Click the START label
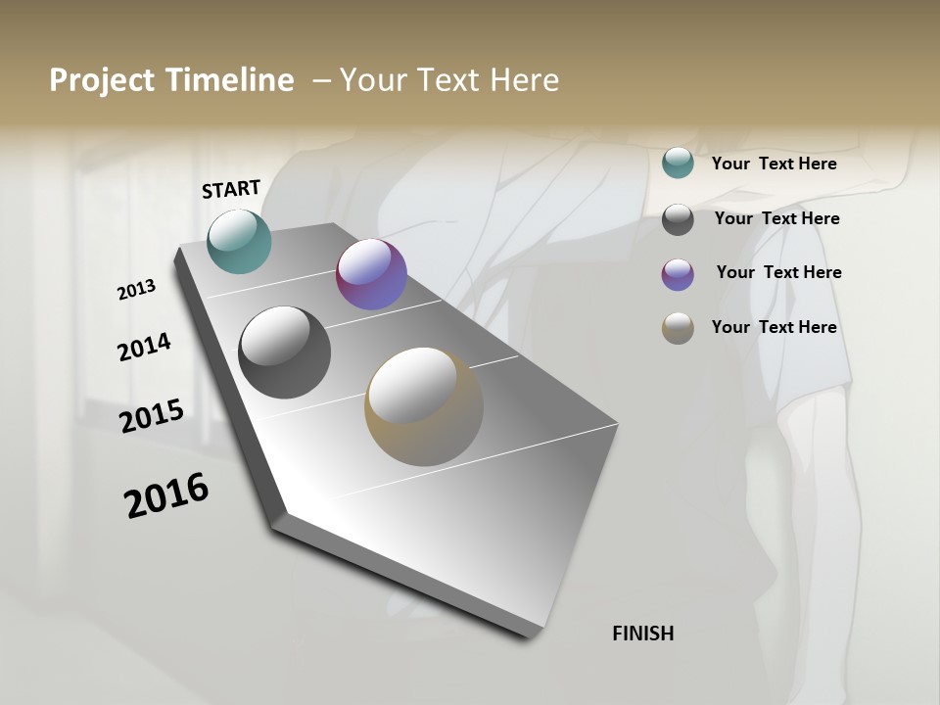tap(231, 189)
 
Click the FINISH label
tap(643, 634)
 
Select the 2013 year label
tap(136, 290)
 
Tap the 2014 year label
tap(144, 348)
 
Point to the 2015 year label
tap(152, 416)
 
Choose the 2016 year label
tap(166, 495)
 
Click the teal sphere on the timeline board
tap(240, 241)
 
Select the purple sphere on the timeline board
tap(371, 275)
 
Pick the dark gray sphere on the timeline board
tap(285, 352)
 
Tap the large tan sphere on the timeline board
tap(424, 406)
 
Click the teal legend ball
tap(678, 164)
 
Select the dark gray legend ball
tap(678, 219)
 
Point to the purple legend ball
tap(678, 274)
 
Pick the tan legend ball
tap(678, 328)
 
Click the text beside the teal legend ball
tap(774, 164)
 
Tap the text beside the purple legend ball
tap(778, 272)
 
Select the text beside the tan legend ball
tap(774, 327)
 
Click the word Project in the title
tap(103, 80)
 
